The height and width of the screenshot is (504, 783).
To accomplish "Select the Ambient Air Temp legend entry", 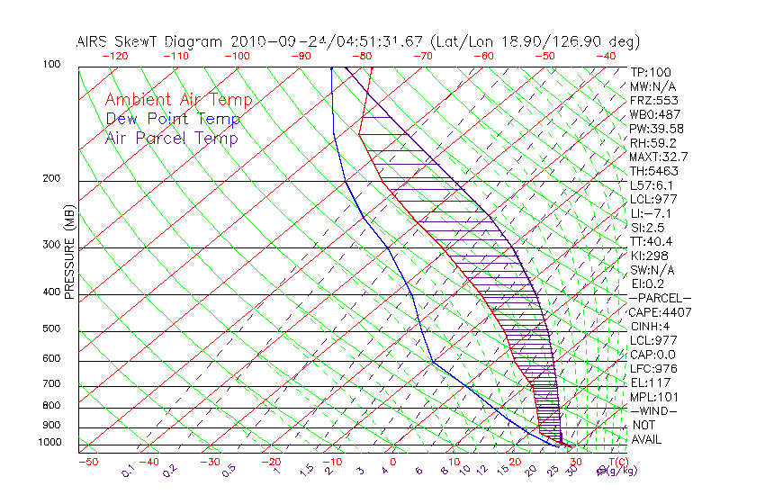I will point(178,100).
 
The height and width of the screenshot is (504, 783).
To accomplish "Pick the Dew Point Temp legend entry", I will point(173,119).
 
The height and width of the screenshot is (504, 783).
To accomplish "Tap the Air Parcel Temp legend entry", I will point(171,138).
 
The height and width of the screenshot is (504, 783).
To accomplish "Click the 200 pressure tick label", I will point(52,178).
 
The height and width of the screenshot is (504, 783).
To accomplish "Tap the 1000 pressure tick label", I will point(49,442).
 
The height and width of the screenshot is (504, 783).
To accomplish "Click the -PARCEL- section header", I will point(660,298).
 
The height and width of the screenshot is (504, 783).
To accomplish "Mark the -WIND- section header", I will point(653,410).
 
